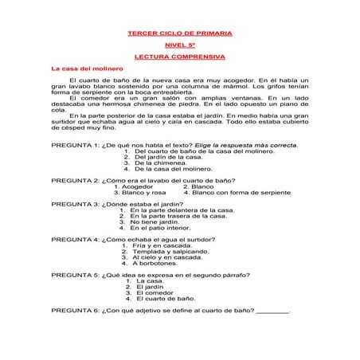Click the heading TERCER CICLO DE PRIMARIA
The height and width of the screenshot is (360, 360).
[x=180, y=33]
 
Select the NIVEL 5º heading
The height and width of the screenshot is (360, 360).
[x=180, y=45]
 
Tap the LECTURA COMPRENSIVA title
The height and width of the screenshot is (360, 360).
[x=180, y=57]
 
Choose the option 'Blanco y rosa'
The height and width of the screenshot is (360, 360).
[x=143, y=193]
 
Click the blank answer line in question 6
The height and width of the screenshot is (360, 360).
[x=275, y=311]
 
